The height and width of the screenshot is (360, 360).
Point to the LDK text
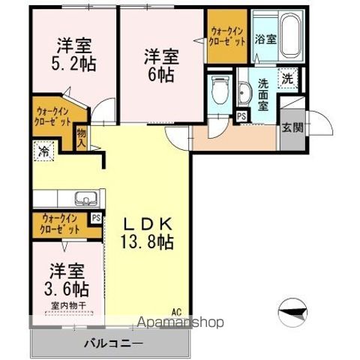tap(148, 223)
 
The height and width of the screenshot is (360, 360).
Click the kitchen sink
tap(83, 198)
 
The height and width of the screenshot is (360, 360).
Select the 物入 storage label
tap(81, 136)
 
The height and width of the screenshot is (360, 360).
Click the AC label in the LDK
tap(176, 310)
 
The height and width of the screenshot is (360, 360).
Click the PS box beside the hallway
tap(241, 116)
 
